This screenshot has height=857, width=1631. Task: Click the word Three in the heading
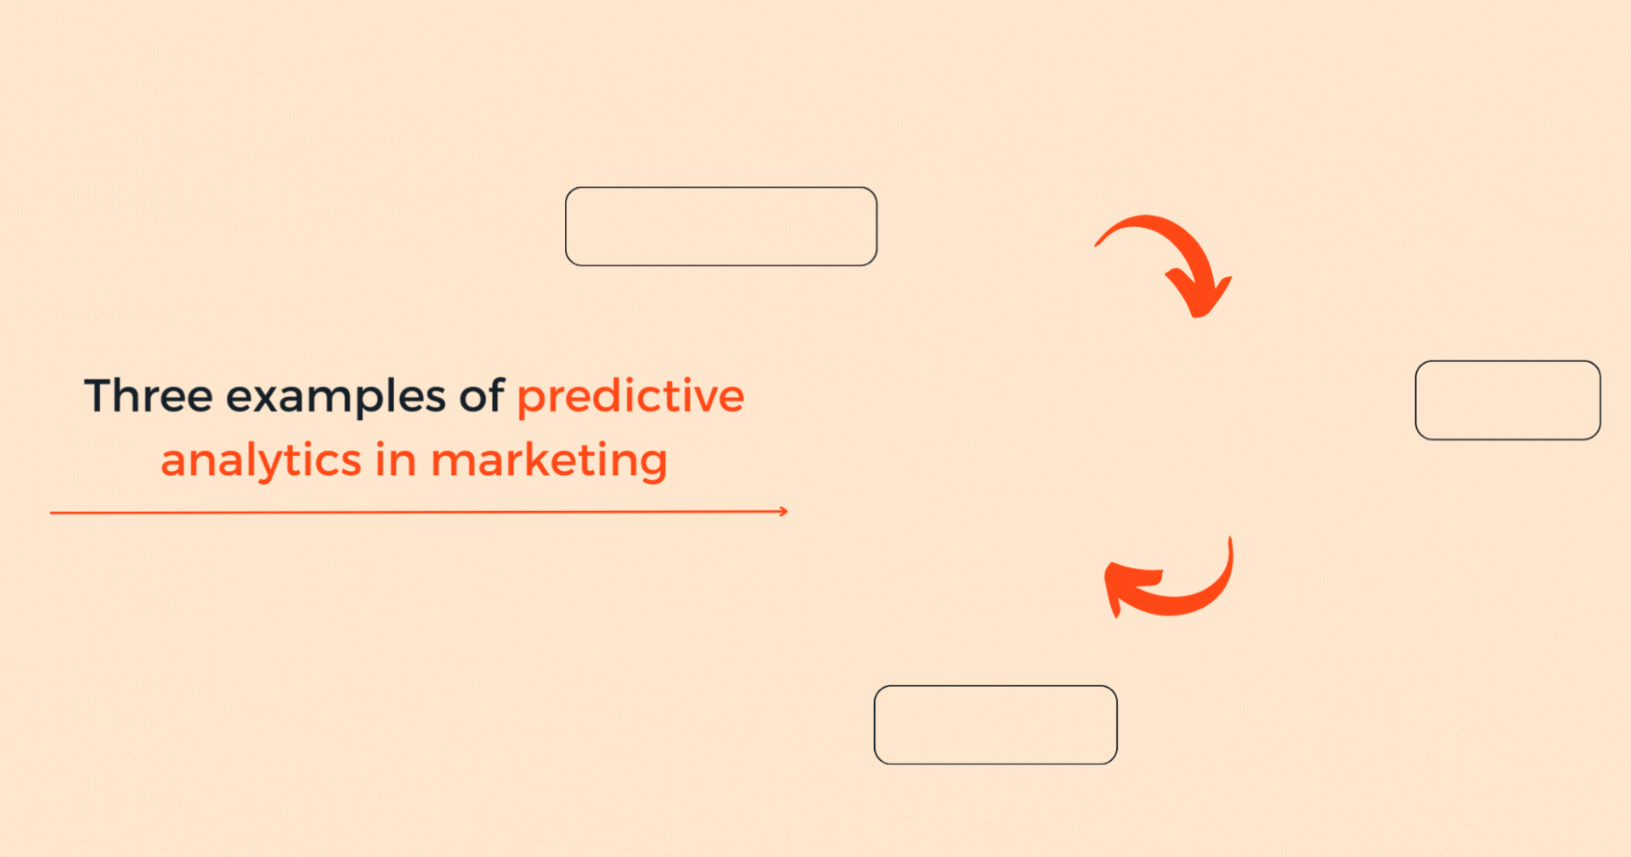(148, 396)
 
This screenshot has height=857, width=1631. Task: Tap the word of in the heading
(482, 396)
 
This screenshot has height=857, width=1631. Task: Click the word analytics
(261, 462)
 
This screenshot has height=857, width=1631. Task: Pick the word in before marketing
(395, 460)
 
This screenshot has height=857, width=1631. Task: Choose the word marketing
(549, 462)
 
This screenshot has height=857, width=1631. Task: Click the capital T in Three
(99, 396)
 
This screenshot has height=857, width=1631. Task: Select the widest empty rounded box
(720, 226)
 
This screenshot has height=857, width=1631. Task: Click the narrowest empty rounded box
(1507, 400)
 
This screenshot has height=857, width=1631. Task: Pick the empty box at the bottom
(995, 725)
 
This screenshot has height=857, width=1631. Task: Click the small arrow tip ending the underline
(784, 512)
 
